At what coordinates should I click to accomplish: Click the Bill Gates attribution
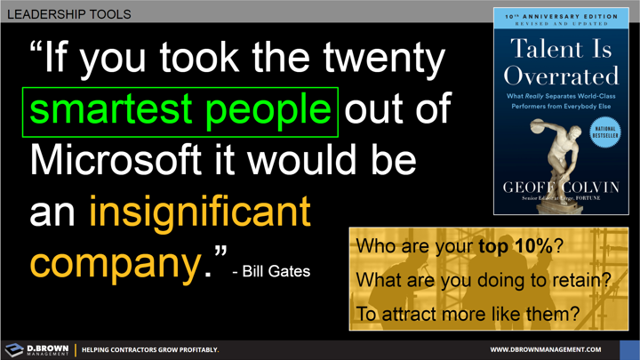point(270,270)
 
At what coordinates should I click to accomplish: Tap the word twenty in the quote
point(381,59)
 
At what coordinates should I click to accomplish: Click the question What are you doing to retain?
point(483,280)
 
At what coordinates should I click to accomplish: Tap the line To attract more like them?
point(467,313)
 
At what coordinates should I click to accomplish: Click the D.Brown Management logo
point(36,349)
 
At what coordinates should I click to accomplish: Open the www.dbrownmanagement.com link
point(546,349)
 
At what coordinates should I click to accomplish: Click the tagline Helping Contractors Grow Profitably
point(150,349)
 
